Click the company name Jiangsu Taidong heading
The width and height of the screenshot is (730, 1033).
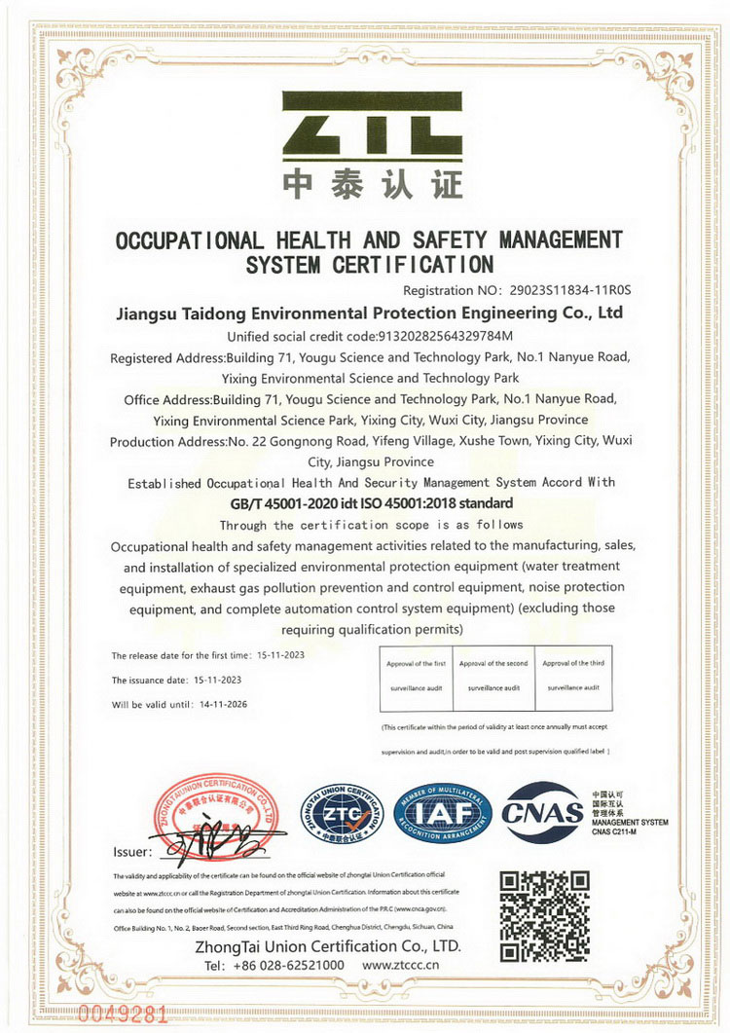[x=369, y=314]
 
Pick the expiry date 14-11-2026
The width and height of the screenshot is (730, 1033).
[x=229, y=704]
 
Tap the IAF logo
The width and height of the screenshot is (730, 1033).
[x=443, y=813]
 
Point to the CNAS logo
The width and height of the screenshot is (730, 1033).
[x=543, y=813]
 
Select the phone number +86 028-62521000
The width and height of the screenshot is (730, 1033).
[x=289, y=965]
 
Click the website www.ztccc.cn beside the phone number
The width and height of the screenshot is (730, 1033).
[x=406, y=965]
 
